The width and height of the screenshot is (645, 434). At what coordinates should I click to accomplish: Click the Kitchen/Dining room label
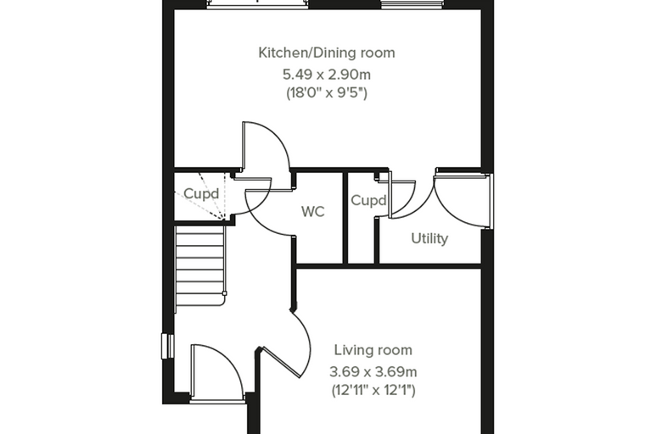327,53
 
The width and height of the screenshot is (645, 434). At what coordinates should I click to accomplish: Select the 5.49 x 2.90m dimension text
327,75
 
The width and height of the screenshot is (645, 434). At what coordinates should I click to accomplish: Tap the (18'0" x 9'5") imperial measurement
327,93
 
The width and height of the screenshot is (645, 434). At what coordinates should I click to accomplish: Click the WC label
312,212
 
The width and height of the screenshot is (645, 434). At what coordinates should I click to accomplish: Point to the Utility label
429,238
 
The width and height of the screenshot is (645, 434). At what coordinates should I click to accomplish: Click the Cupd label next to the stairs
201,193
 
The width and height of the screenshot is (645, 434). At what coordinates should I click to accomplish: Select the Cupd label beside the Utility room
368,201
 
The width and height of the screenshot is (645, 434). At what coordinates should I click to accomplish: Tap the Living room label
373,350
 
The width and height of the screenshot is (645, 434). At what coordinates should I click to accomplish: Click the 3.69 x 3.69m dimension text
373,372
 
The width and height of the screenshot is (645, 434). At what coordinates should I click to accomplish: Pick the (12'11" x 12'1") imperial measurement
373,390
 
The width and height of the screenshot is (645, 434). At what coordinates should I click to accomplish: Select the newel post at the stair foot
224,293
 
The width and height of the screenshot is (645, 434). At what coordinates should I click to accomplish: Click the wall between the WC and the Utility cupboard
345,218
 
